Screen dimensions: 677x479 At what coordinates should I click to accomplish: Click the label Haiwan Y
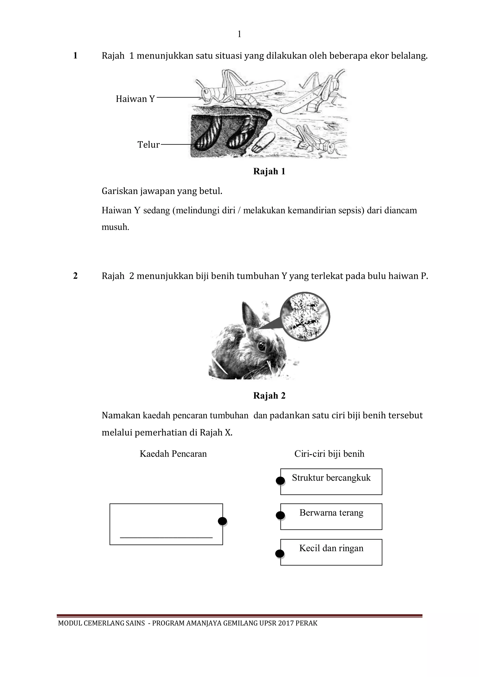135,99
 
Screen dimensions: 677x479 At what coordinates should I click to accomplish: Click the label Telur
149,144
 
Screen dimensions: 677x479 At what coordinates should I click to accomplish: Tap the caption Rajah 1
269,171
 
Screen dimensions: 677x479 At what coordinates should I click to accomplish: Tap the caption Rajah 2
269,396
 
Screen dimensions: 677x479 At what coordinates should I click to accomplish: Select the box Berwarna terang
331,517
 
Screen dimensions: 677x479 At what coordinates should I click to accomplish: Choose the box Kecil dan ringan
331,552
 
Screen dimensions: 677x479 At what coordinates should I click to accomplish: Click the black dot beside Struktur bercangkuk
280,481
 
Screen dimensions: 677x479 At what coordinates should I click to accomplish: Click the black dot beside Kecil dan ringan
279,554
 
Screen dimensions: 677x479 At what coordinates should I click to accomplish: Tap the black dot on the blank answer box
222,521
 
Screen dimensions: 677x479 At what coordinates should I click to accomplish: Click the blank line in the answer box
166,537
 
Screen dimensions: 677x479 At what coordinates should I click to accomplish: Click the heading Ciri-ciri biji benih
329,454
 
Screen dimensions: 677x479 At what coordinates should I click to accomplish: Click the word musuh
115,227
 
